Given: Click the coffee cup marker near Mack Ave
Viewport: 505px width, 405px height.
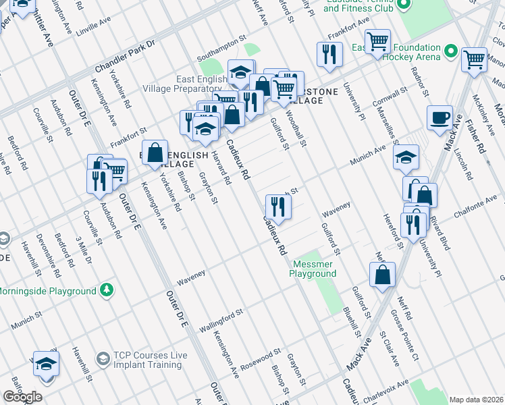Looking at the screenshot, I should tap(440, 117).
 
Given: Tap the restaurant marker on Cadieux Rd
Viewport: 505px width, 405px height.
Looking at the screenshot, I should tap(278, 206).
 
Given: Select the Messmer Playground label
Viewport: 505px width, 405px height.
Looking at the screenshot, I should tap(313, 269).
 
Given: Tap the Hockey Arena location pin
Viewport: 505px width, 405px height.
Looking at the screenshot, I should tap(450, 53).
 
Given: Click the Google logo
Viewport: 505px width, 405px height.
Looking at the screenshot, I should tap(23, 397).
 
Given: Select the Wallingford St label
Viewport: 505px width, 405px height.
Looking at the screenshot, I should tap(221, 319).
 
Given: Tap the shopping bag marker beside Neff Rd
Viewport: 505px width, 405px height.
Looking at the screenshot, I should tap(382, 275).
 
